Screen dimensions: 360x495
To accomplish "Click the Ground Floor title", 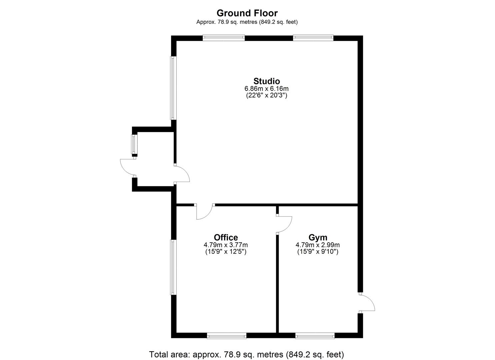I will (247, 13).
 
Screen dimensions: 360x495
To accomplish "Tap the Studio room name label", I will (267, 81).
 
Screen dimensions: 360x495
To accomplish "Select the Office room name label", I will (226, 237).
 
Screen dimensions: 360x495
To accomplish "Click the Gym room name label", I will (318, 237).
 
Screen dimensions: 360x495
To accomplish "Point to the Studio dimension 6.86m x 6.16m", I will (267, 89).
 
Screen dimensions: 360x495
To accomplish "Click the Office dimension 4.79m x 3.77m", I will (226, 245).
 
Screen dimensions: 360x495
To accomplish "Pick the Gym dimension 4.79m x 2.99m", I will (318, 245).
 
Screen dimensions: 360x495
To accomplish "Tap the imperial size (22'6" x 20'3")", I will (267, 95).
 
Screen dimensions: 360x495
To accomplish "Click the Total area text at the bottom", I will (246, 354).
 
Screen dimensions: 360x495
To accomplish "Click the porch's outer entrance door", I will (128, 167).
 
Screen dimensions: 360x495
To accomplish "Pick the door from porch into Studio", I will (182, 174).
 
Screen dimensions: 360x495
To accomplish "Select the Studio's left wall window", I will (173, 88).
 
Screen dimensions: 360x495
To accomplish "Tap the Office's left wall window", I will (173, 267).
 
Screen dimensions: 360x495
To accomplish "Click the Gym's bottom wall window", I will (315, 336).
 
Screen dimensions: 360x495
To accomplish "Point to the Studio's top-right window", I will (313, 38).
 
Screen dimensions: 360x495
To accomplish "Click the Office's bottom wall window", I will (227, 336).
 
